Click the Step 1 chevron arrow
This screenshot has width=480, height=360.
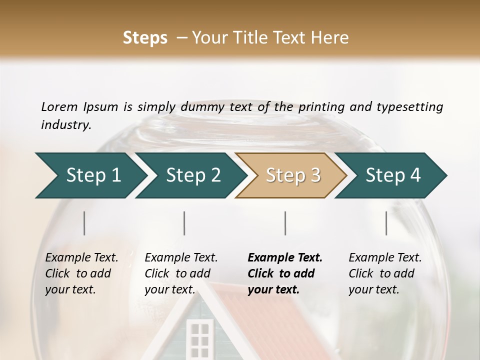[x=90, y=175]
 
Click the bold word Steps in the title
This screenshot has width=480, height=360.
[x=145, y=37]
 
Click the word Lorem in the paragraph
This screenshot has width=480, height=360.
[x=59, y=106]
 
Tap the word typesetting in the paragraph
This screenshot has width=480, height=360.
[x=409, y=106]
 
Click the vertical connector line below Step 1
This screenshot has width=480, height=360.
[x=84, y=223]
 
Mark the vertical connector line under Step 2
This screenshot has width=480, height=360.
[x=184, y=223]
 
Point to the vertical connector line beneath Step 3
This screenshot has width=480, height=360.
[x=285, y=223]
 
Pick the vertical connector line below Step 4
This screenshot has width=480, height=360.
[x=386, y=223]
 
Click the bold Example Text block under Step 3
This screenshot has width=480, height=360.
[x=285, y=273]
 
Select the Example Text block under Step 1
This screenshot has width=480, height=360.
[x=81, y=273]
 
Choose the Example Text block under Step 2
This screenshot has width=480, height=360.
[x=181, y=273]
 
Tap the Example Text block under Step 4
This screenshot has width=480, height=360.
[x=385, y=273]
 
